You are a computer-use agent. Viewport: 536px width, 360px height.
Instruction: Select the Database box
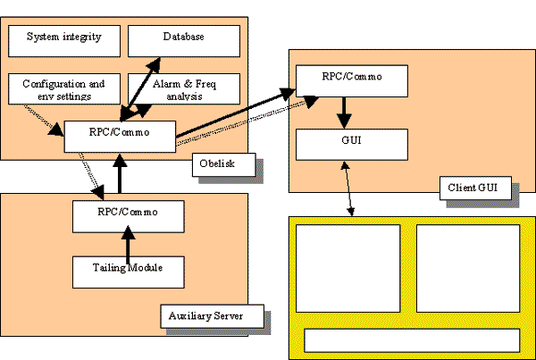point(184,38)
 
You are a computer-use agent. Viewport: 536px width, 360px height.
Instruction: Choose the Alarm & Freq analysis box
point(184,88)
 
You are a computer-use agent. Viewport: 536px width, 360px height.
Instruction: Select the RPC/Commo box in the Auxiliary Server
point(129,214)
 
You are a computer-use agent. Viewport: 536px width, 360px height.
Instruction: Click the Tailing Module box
point(129,269)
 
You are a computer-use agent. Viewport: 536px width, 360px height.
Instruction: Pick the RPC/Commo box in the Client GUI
point(352,77)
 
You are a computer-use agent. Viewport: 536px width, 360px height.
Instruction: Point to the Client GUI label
point(474,188)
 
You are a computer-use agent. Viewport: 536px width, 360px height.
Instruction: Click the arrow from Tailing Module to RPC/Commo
point(129,242)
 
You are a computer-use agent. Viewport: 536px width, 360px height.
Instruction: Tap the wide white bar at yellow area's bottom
point(412,340)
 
